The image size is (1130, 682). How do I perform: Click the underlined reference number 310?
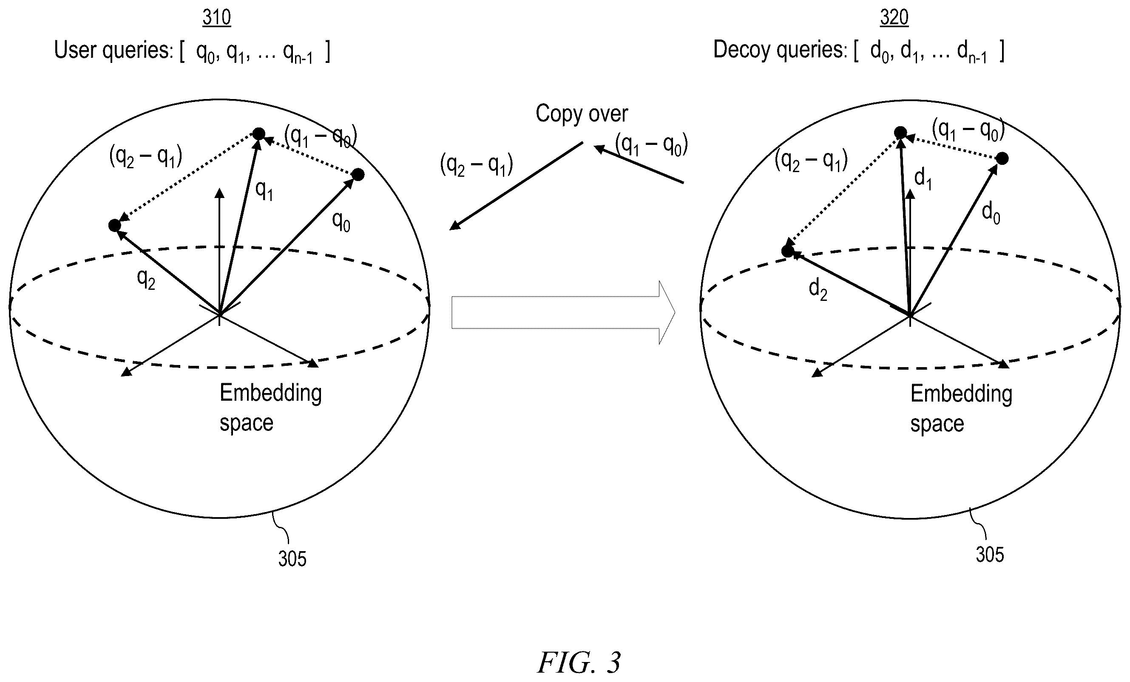pos(216,17)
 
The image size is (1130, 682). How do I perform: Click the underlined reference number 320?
pos(894,17)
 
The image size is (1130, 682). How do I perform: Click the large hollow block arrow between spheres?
pos(563,312)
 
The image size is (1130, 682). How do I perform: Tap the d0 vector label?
pos(991,213)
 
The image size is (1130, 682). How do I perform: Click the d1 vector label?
pos(923,179)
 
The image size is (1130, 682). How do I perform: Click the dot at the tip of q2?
pos(115,226)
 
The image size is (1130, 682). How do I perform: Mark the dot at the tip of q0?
pos(358,175)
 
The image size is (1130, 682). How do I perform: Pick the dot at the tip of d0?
pos(1002,158)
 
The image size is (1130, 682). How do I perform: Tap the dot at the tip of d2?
pos(787,251)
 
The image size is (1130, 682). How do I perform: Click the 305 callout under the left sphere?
pos(292,559)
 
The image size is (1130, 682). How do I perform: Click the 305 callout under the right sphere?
pos(990,555)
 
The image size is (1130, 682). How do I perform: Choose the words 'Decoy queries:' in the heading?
pos(780,50)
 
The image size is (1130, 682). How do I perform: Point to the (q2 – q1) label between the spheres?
pos(477,164)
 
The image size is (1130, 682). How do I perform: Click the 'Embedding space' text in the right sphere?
pos(961,408)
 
